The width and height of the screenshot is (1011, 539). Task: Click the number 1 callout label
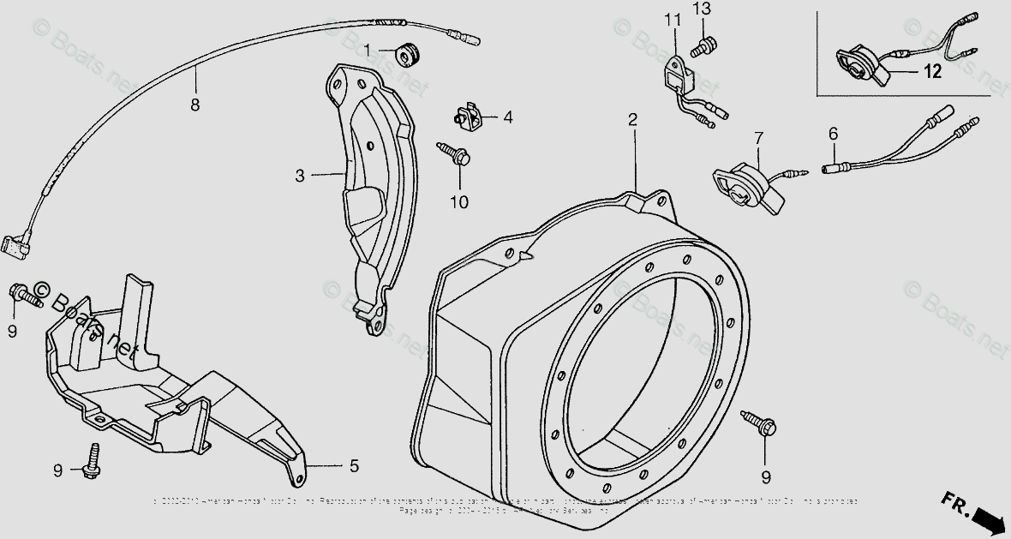[x=368, y=51]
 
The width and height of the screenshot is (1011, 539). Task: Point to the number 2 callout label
[x=633, y=120]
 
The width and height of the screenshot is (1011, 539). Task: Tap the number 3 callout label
[x=300, y=176]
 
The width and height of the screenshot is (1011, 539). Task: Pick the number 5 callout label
[x=353, y=467]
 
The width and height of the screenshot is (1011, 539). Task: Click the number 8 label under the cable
[x=195, y=105]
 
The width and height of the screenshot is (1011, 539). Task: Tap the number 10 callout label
[x=459, y=202]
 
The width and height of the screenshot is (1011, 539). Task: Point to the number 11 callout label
[x=672, y=19]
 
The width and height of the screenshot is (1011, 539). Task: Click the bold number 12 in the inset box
[x=932, y=73]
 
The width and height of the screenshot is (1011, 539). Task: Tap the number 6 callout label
[x=832, y=133]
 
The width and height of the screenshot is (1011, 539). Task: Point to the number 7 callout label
[x=757, y=137]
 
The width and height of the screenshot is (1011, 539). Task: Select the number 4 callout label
[x=508, y=117]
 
